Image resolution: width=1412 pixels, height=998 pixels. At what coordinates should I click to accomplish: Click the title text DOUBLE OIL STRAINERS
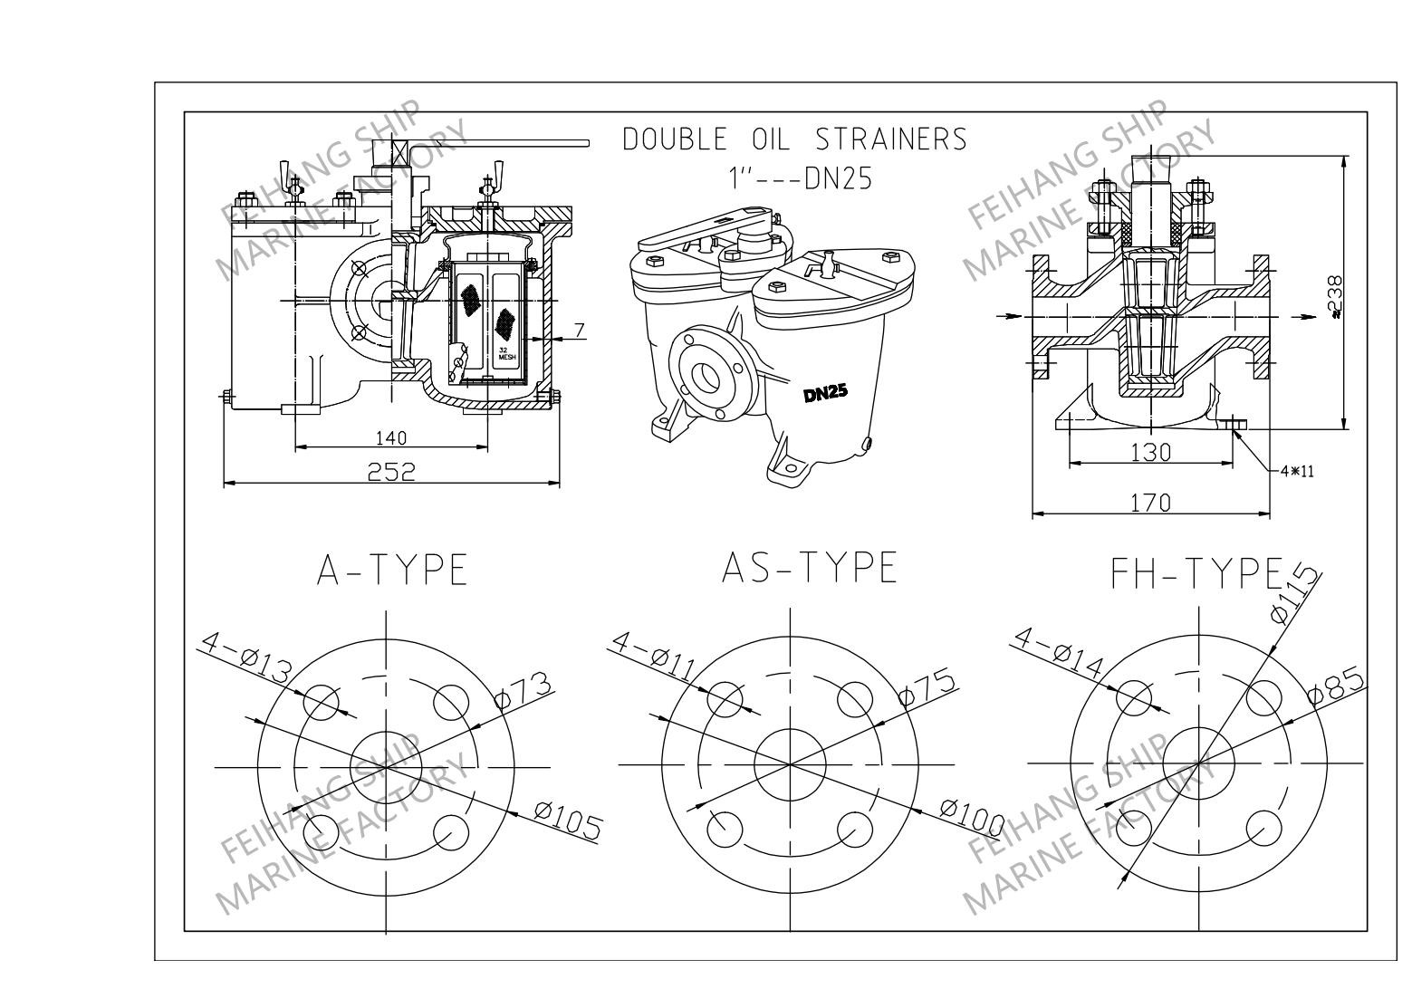click(x=794, y=139)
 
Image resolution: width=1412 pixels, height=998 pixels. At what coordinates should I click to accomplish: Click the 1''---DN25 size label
click(x=801, y=178)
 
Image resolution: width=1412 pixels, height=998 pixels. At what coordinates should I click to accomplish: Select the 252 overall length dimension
click(x=391, y=471)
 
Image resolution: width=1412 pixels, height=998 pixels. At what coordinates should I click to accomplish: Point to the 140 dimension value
click(x=391, y=437)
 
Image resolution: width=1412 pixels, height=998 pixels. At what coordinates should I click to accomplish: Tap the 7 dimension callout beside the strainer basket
click(x=579, y=329)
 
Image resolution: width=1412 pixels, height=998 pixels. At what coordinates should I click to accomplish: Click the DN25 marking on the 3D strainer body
click(x=825, y=394)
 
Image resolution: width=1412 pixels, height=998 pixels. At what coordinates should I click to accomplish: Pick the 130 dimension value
click(x=1150, y=452)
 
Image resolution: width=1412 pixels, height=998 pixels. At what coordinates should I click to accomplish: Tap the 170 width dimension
click(x=1150, y=503)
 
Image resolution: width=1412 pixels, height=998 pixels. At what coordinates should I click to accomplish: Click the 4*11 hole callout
click(x=1297, y=471)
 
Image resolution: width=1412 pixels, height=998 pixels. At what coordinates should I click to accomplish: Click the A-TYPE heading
click(x=392, y=571)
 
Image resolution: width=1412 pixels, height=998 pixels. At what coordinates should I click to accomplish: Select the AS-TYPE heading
click(x=809, y=568)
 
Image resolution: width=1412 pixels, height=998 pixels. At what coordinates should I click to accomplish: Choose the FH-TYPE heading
click(x=1197, y=572)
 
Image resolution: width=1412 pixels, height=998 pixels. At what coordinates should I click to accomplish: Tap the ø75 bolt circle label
click(x=927, y=687)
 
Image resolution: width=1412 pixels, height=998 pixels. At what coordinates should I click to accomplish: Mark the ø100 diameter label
click(x=971, y=817)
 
